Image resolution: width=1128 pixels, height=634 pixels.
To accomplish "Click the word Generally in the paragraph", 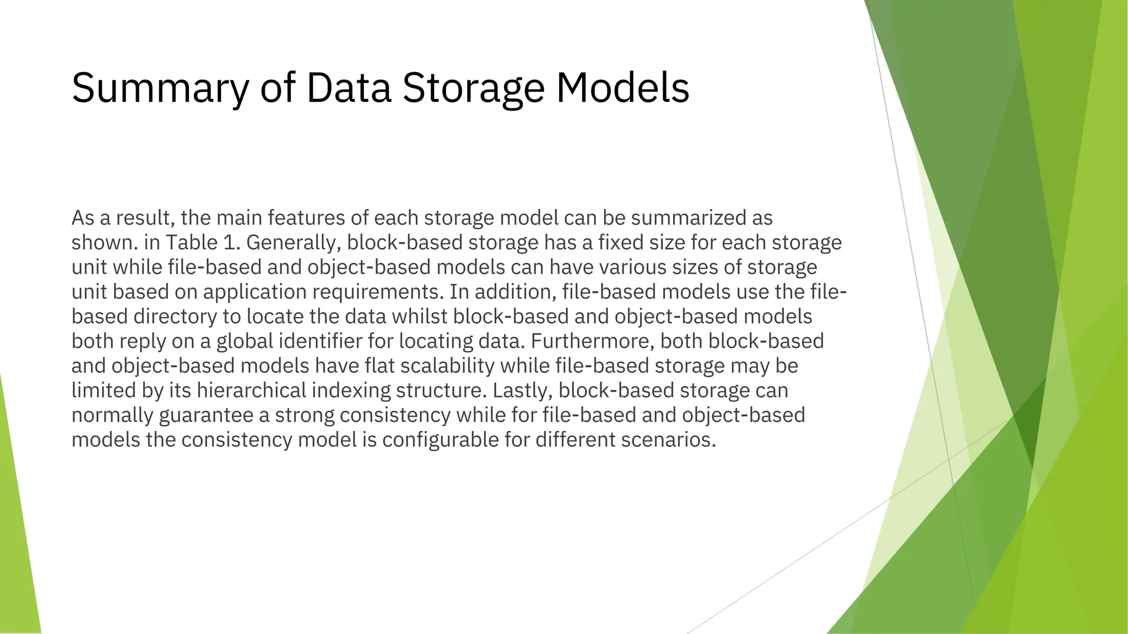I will pos(292,243).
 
